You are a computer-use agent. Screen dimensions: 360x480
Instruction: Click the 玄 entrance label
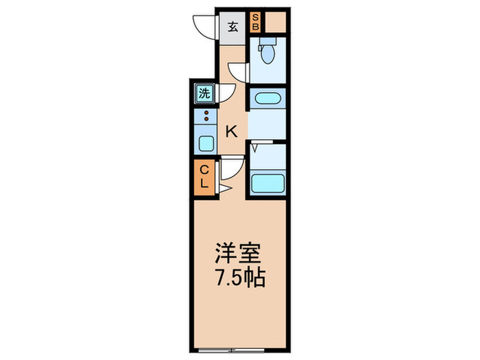[x=233, y=27]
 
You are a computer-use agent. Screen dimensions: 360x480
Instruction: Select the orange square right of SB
[x=274, y=23]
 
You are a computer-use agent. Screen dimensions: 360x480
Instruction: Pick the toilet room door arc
[x=238, y=72]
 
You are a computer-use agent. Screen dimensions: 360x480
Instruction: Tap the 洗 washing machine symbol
[x=204, y=93]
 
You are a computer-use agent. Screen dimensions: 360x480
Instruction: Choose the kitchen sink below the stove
[x=205, y=143]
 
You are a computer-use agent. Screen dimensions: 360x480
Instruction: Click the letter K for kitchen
[x=232, y=131]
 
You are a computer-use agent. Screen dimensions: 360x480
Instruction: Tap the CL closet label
[x=204, y=176]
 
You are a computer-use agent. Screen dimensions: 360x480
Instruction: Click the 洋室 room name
[x=240, y=252]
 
